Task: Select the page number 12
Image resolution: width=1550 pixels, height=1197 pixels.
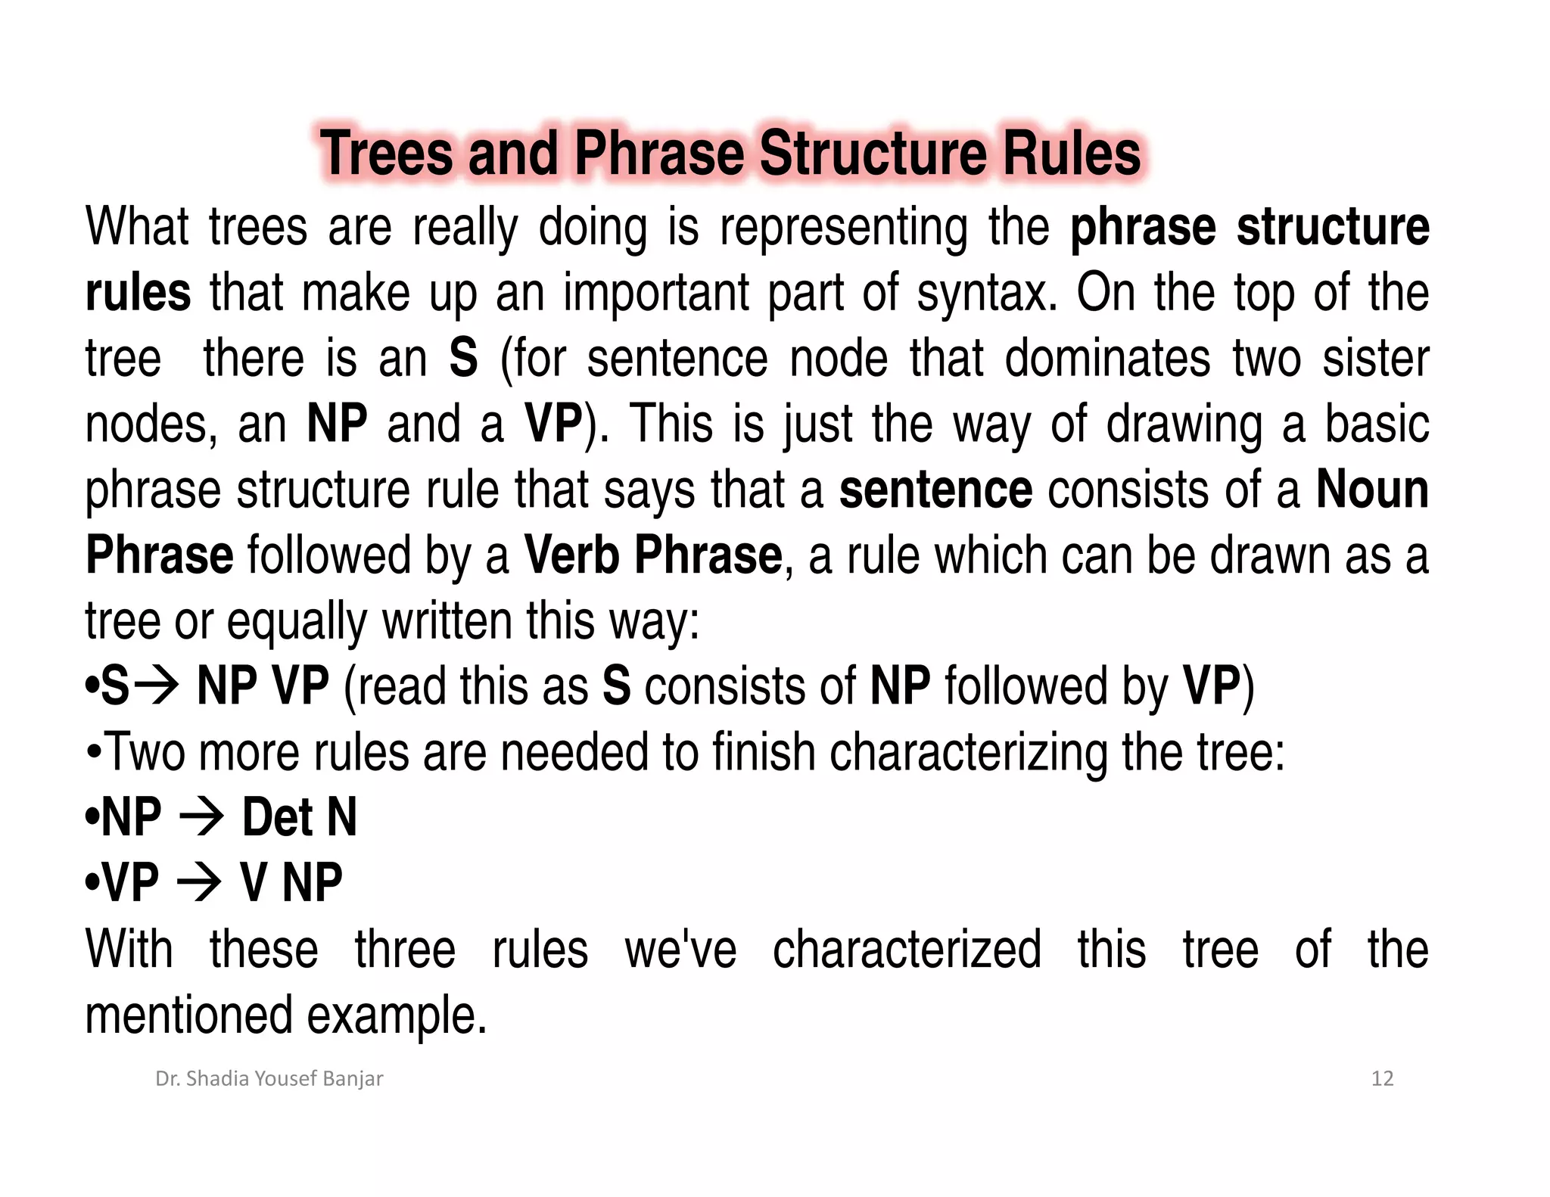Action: (1382, 1078)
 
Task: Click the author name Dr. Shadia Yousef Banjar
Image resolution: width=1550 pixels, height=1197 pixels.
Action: (269, 1078)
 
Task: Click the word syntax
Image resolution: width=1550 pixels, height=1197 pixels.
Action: (986, 294)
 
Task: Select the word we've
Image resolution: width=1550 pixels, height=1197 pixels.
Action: (680, 950)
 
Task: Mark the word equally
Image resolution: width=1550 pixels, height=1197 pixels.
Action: (297, 621)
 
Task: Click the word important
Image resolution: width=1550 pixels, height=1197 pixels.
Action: (657, 294)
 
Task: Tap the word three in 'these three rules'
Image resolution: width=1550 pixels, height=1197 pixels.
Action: (405, 950)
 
